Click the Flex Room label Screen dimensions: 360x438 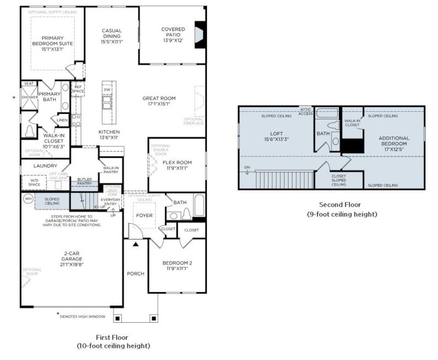tap(177, 162)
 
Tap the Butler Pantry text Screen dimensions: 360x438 tap(84, 181)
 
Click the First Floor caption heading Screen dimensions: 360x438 tap(113, 338)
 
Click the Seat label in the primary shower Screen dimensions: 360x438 tap(28, 83)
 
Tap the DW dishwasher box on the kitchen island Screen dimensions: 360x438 tap(107, 89)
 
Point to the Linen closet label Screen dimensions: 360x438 tap(61, 120)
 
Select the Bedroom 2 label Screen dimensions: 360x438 tap(177, 263)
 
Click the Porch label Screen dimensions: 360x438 tap(135, 273)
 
